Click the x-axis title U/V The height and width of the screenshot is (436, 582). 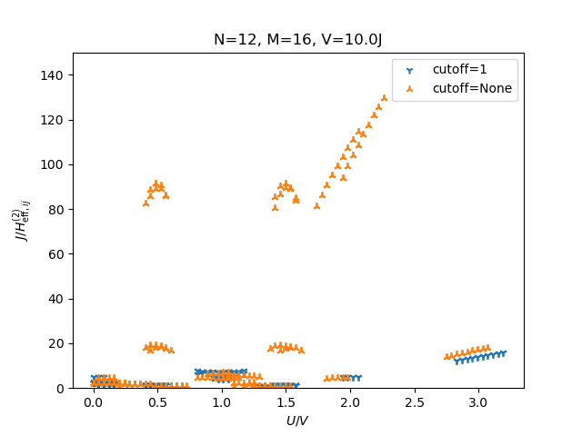coord(297,421)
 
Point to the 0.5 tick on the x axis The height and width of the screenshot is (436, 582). coord(157,401)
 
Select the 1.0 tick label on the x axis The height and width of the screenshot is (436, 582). coord(222,401)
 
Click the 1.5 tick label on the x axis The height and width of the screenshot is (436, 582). coord(286,401)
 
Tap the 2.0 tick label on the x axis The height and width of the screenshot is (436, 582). coord(350,401)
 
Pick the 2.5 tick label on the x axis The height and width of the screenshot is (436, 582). coord(414,401)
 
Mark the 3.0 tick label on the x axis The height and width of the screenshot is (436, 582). coord(478,401)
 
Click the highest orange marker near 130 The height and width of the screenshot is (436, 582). coord(384,97)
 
